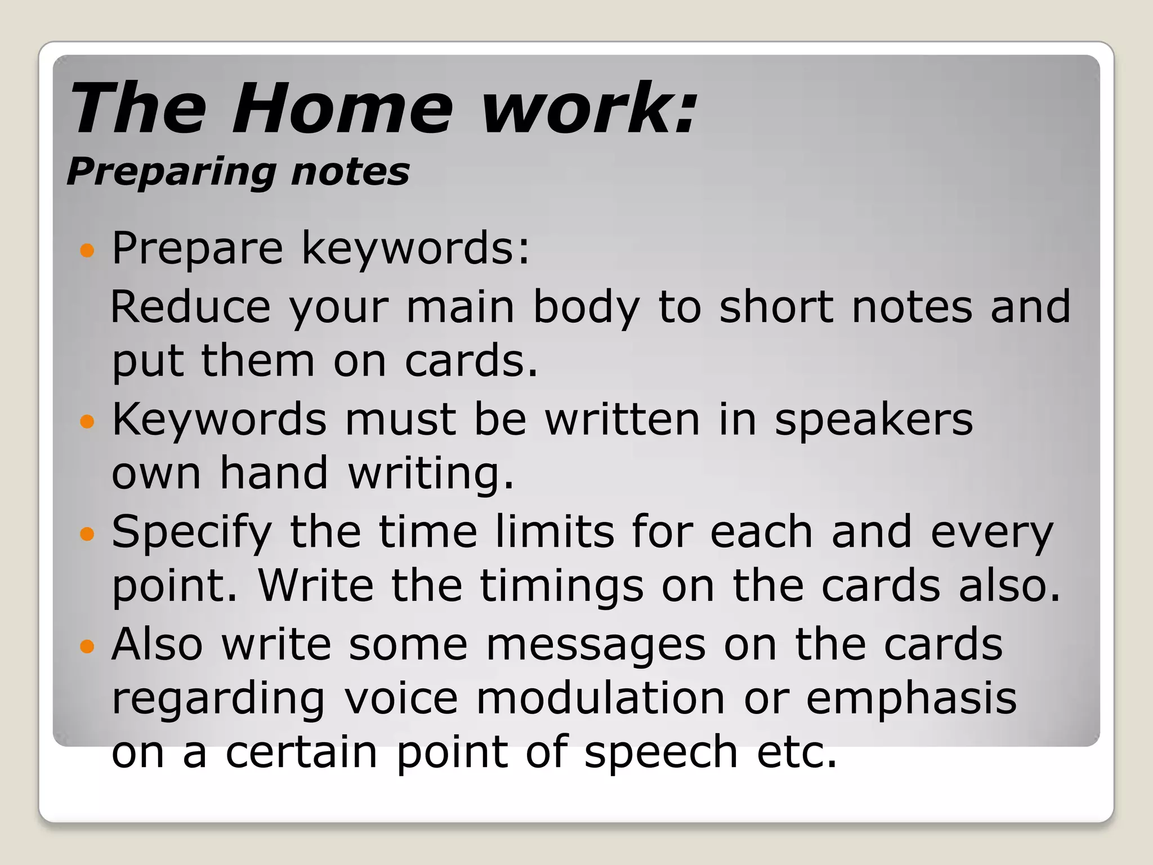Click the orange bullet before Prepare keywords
pos(87,250)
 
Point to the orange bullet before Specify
pos(87,533)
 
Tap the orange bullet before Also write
pos(87,646)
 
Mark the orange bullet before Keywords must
pos(87,421)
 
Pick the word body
pos(586,308)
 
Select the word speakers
pos(873,421)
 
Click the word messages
pos(595,645)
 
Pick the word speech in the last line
pos(661,753)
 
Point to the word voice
pos(401,698)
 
